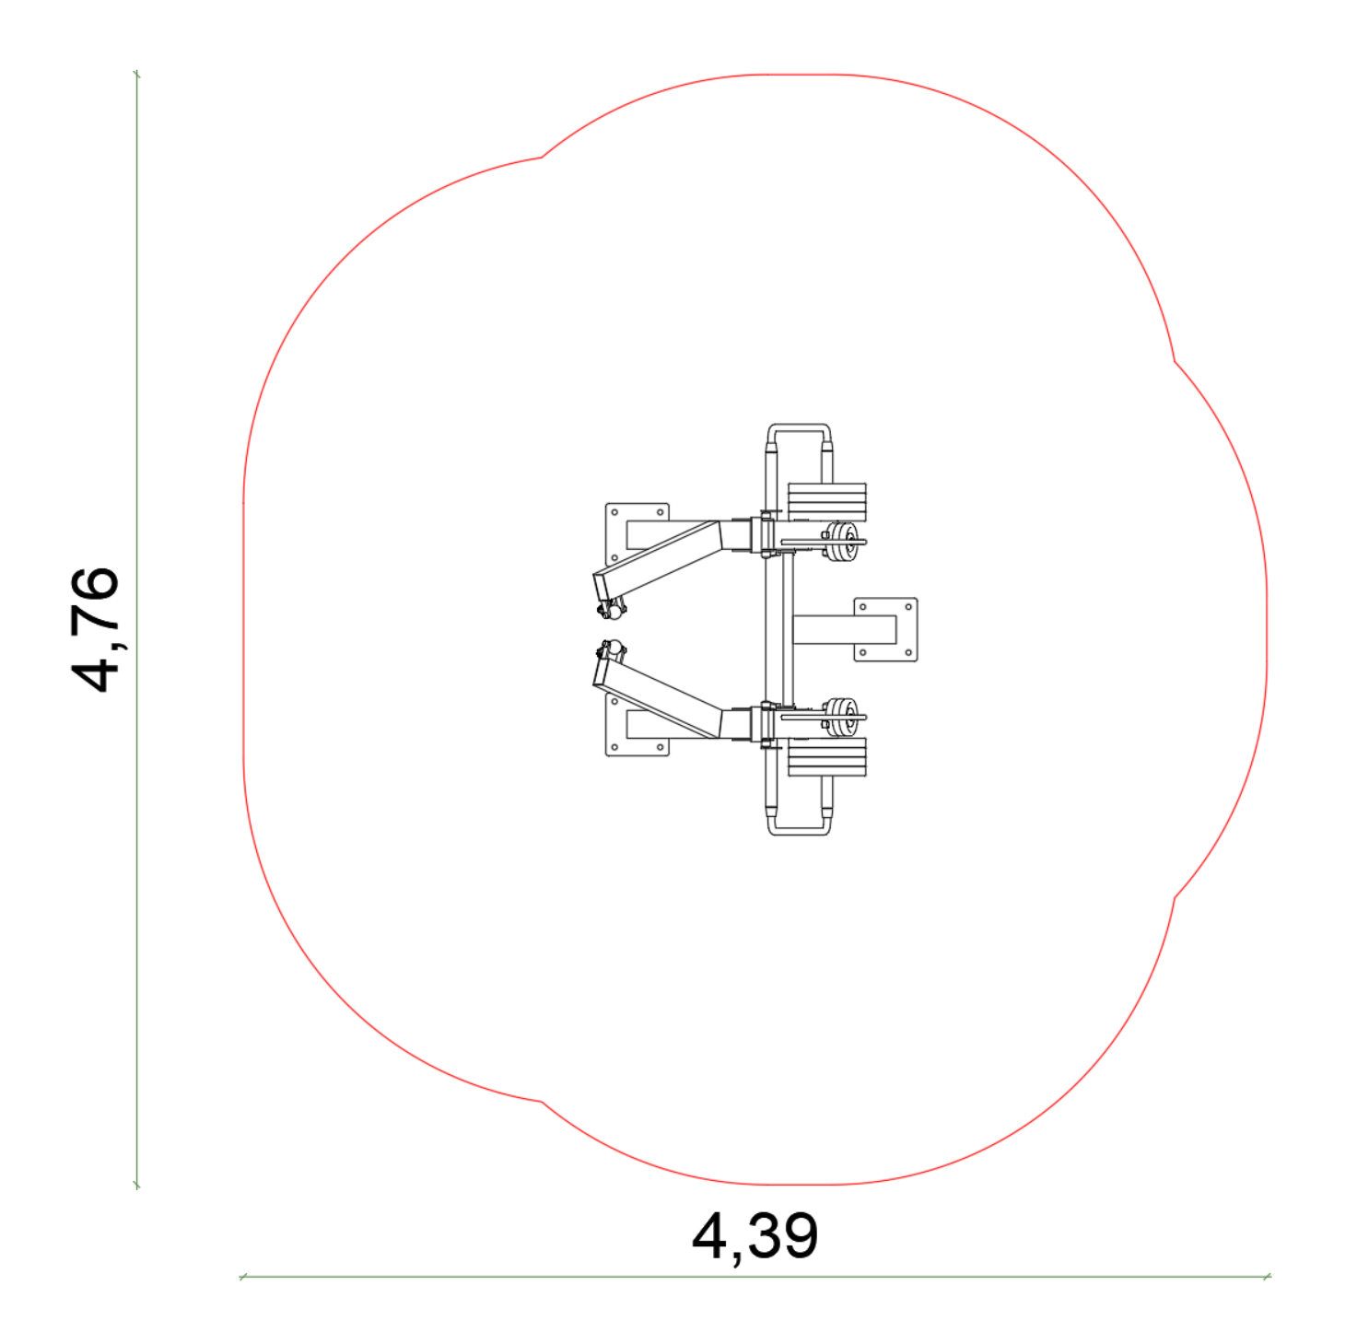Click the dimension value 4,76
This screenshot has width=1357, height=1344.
94,629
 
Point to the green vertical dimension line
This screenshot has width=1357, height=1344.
136,630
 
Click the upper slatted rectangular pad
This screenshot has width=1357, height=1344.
826,502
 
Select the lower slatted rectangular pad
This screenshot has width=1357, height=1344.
826,757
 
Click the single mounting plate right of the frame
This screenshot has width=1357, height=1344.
885,629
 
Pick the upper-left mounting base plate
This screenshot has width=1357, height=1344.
638,535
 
